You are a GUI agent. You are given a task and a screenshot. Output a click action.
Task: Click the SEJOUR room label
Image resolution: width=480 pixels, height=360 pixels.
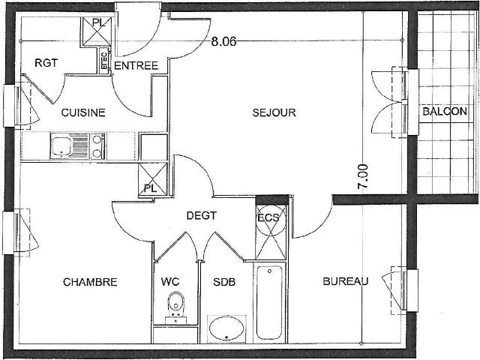pos(274,112)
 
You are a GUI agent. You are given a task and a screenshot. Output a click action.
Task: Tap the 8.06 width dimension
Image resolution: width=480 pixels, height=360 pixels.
pos(223,41)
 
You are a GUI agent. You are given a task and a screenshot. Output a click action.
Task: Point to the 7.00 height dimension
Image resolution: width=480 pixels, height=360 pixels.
pos(363,177)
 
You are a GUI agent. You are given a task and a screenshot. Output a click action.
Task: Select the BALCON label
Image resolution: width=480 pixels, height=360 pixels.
pos(445,111)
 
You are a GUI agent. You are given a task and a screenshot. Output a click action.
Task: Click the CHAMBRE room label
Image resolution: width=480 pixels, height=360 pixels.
pos(90,282)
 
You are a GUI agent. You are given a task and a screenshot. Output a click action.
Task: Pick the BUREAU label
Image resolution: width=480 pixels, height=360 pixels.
pos(346,281)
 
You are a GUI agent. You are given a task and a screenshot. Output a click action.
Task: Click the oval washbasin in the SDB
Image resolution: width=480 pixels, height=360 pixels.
pos(226,328)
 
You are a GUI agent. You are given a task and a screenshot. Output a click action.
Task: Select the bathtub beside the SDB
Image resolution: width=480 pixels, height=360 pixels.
pos(269,302)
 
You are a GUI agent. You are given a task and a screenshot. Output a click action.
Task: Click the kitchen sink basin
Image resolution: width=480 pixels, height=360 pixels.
pos(61,146)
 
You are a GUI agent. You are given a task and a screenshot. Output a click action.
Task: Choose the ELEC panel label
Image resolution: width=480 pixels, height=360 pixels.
pos(104,61)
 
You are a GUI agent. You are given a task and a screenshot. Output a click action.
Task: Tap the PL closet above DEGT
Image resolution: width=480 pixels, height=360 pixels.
pos(153,179)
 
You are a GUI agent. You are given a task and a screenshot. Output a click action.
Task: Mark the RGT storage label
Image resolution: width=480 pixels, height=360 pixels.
pos(46,63)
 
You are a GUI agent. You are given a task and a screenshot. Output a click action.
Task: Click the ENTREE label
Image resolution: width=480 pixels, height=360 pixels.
pos(136,65)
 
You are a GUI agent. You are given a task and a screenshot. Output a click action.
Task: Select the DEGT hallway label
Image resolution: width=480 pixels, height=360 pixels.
pos(202,215)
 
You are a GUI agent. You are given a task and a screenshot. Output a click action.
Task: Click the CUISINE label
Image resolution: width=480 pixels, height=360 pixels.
pos(83,112)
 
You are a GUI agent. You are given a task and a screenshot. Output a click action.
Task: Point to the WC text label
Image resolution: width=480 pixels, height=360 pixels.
pos(170,282)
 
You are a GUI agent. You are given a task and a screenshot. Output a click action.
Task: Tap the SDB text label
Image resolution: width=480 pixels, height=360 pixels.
pos(224,282)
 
